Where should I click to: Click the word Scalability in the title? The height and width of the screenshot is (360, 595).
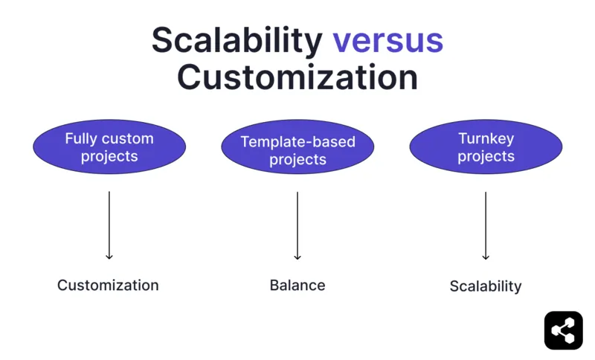tap(237, 40)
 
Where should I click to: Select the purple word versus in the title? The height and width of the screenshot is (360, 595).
tap(387, 40)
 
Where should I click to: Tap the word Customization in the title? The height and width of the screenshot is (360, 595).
tap(297, 77)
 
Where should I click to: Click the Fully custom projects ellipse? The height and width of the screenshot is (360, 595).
tap(109, 147)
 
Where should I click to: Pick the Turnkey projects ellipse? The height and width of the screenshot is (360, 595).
tap(486, 147)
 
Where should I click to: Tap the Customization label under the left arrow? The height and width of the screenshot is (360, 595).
tap(108, 285)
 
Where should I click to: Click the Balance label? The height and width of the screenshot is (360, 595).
tap(297, 285)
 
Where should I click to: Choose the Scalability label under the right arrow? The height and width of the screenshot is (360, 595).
tap(486, 286)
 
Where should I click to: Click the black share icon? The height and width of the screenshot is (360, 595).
tap(563, 330)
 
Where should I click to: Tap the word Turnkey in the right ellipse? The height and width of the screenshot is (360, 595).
tap(486, 138)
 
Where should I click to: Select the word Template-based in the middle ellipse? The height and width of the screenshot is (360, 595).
tap(297, 141)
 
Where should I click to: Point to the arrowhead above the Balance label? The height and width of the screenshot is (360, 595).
tap(297, 257)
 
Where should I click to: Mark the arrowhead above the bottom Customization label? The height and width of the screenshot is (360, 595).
tap(109, 257)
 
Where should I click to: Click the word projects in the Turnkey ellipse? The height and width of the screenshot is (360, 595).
tap(486, 157)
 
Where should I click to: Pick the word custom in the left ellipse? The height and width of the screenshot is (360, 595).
tap(128, 138)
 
